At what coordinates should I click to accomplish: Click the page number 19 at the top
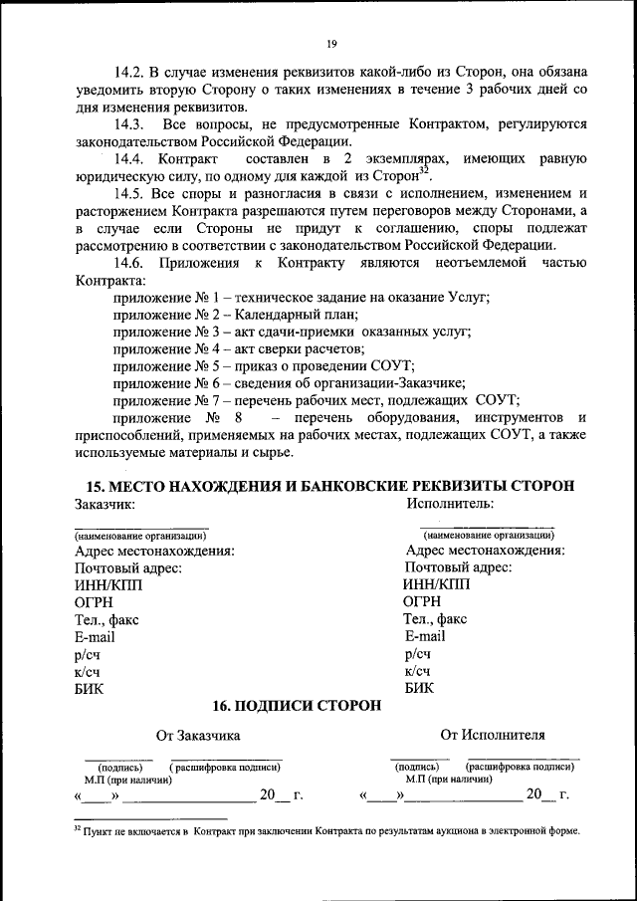(331, 43)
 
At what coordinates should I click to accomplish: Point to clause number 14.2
(130, 73)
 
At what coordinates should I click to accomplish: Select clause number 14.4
(130, 159)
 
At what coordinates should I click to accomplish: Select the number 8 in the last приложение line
(238, 418)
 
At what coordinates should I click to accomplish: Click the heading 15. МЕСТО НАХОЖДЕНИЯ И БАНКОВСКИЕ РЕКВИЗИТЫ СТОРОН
(330, 486)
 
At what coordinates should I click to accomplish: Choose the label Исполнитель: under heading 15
(450, 504)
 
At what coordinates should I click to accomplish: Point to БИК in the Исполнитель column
(419, 688)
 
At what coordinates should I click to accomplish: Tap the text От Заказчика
(198, 737)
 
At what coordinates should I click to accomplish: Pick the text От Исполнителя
(493, 736)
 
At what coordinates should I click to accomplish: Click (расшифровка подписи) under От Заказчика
(225, 768)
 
